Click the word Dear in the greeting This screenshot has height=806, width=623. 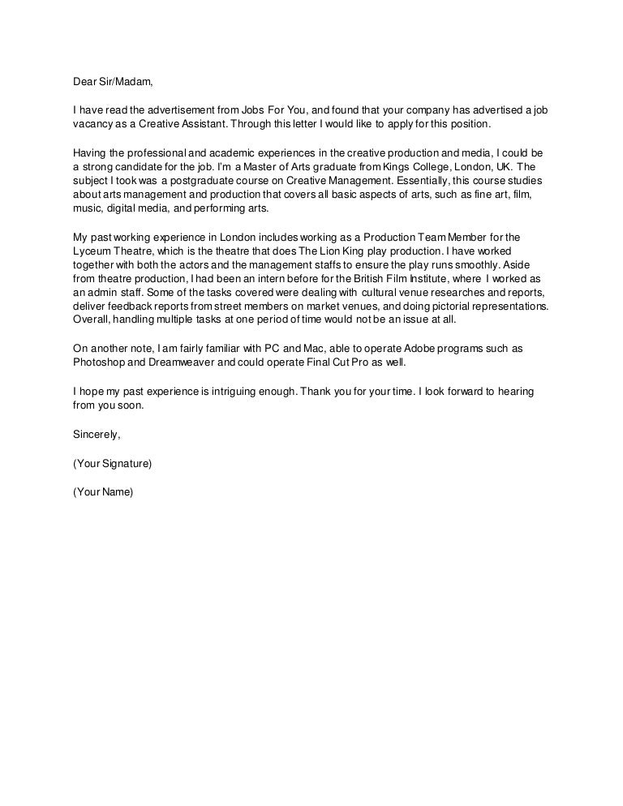coord(85,81)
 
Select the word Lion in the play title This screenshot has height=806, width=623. coord(330,251)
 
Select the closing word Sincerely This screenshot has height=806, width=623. coord(96,435)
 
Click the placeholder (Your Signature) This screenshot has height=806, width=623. coord(113,463)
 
